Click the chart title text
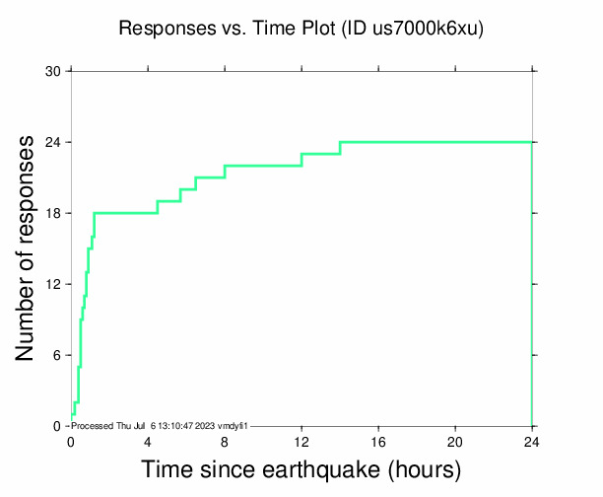tap(301, 29)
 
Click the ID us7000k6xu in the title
tap(425, 29)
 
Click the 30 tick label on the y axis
tap(53, 72)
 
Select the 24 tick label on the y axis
tap(53, 143)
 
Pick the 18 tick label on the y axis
tap(53, 214)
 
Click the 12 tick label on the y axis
tap(53, 285)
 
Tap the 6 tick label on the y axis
tap(57, 356)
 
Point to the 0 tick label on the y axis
tap(57, 426)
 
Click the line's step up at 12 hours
tap(301, 160)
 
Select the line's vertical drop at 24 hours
tap(532, 286)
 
